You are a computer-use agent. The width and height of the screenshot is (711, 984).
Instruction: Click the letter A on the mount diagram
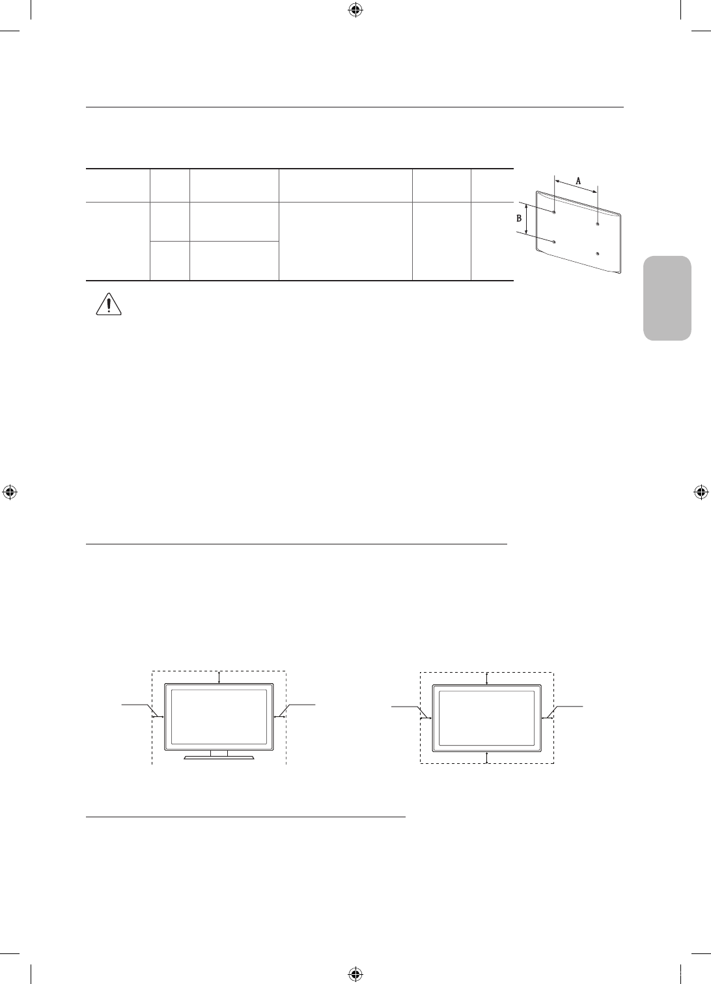point(578,180)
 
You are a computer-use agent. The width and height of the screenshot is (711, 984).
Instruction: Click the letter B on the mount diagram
point(519,218)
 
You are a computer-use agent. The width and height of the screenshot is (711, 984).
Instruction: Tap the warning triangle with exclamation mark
point(109,304)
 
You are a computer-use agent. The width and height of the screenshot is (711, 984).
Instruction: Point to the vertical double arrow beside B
point(526,219)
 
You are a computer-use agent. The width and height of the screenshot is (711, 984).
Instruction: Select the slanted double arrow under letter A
point(576,186)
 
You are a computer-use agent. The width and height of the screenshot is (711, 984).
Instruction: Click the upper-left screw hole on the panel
point(554,212)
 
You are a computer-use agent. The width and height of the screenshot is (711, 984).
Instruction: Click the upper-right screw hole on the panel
point(598,225)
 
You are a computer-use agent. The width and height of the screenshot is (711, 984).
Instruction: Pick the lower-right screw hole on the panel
point(598,254)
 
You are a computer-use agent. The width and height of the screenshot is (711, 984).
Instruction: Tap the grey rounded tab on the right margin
point(667,298)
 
